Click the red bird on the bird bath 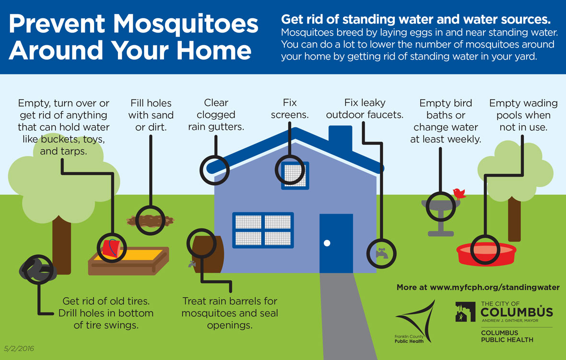coord(459,194)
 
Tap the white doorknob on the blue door coord(327,243)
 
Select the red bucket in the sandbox coord(111,248)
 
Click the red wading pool coord(486,254)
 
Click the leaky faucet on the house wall coord(381,253)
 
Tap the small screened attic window coord(295,176)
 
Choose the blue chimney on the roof coord(341,138)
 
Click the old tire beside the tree coord(37,269)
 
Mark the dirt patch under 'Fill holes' coord(150,220)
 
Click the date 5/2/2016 coord(19,349)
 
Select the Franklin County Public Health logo coord(415,322)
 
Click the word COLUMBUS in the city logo coord(517,312)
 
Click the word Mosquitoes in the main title coord(186,24)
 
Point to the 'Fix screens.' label coord(290,108)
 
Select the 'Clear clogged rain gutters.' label coord(216,115)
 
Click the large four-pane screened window coord(263,230)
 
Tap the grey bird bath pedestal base coord(440,234)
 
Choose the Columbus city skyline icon coord(465,312)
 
